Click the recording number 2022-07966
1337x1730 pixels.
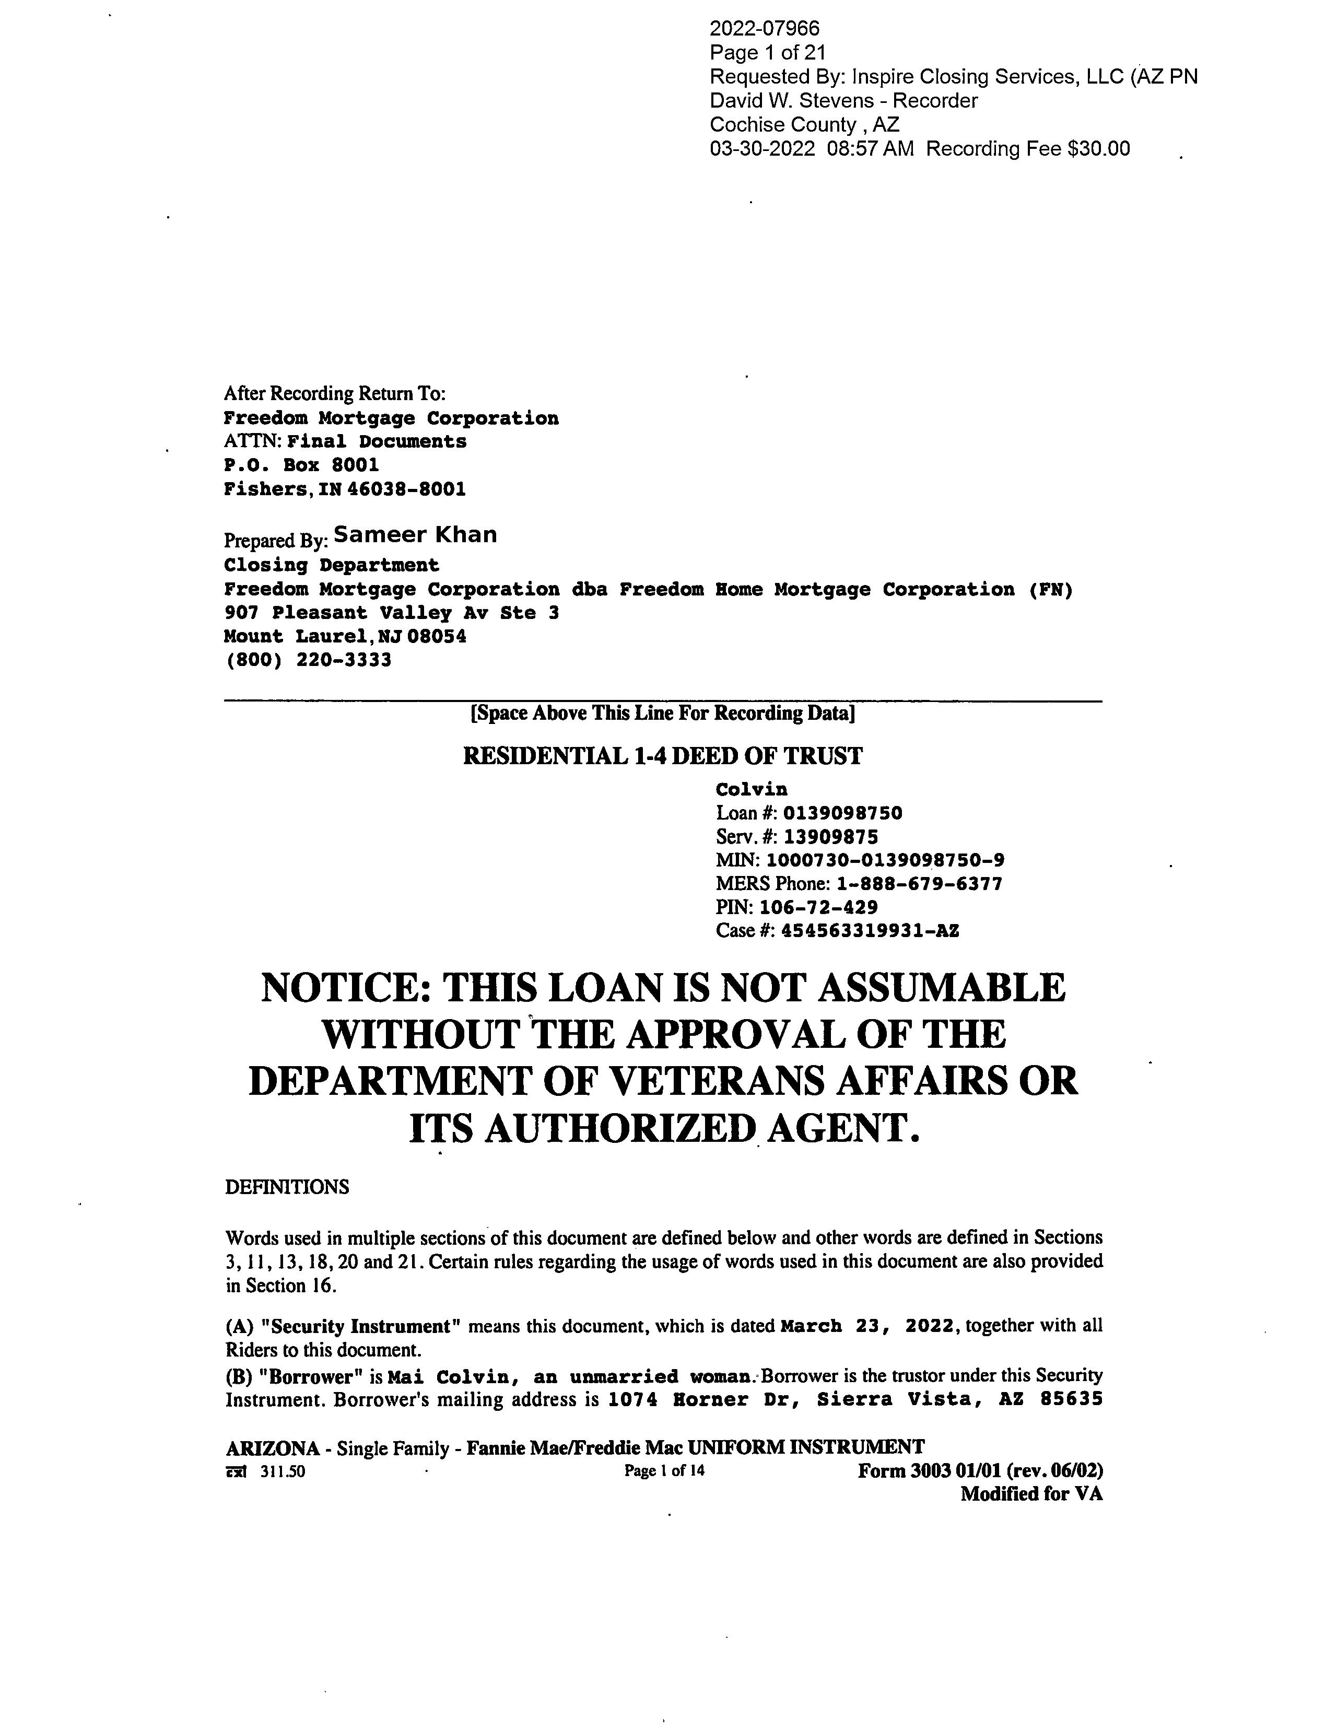765,29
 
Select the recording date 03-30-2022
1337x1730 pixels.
762,149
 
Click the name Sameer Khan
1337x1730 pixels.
415,535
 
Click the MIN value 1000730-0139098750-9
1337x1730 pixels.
885,861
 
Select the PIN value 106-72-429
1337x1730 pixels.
818,908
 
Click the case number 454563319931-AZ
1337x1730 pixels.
870,931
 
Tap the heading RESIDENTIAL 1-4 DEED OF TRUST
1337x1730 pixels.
662,756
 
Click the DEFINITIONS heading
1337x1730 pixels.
287,1187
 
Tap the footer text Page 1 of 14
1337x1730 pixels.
664,1471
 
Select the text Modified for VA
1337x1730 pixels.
1031,1494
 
